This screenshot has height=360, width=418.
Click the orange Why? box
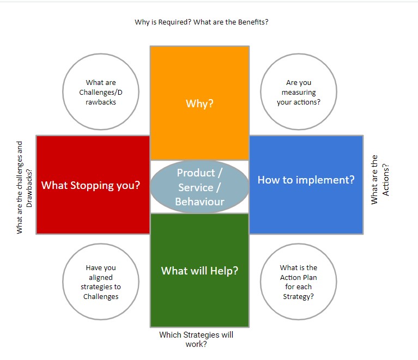point(199,103)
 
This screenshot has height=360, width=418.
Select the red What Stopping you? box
point(93,185)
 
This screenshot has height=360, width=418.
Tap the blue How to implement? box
point(306,185)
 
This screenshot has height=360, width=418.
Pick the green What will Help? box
point(199,270)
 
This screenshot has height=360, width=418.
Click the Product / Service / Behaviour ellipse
point(199,187)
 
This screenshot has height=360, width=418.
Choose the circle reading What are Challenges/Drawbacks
point(101,92)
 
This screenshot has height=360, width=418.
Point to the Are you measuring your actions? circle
point(299,92)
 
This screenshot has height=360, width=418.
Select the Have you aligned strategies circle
point(101,282)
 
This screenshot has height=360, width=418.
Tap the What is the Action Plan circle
point(299,282)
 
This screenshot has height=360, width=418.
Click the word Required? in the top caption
point(175,22)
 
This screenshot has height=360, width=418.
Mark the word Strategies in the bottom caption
point(202,335)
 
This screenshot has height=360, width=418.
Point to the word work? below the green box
point(196,344)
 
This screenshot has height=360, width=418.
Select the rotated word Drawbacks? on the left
point(29,188)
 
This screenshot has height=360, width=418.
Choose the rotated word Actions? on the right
point(386,180)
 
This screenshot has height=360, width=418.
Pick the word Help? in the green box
point(224,271)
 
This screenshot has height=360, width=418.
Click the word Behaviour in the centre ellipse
point(199,202)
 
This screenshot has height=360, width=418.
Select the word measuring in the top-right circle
point(299,93)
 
